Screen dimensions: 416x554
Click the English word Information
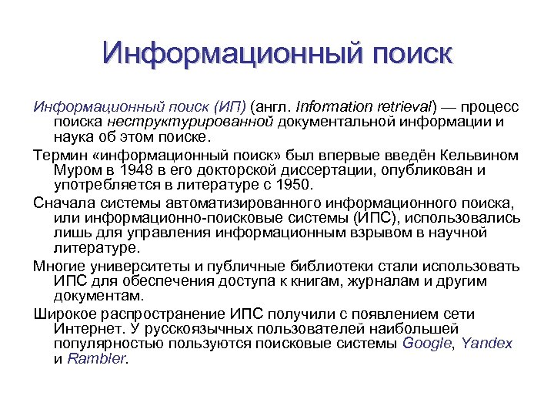pyautogui.click(x=332, y=106)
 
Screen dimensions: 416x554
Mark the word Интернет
pyautogui.click(x=85, y=329)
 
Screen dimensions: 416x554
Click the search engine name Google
pyautogui.click(x=427, y=344)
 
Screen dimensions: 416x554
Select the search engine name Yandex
pyautogui.click(x=488, y=344)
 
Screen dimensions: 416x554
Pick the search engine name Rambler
pyautogui.click(x=96, y=358)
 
